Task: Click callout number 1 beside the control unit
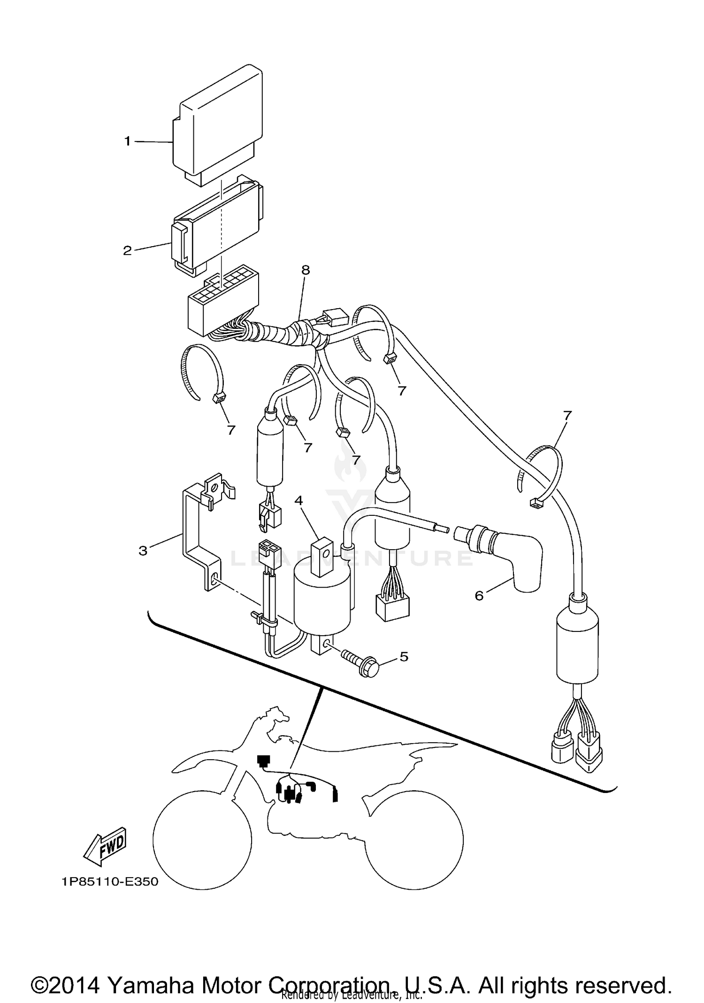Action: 127,141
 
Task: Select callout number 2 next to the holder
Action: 127,250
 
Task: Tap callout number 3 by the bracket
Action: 143,550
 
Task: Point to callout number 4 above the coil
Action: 298,501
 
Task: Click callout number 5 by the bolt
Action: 404,656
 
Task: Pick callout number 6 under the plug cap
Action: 479,596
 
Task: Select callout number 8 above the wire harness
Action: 306,270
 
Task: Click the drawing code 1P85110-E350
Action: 109,882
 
